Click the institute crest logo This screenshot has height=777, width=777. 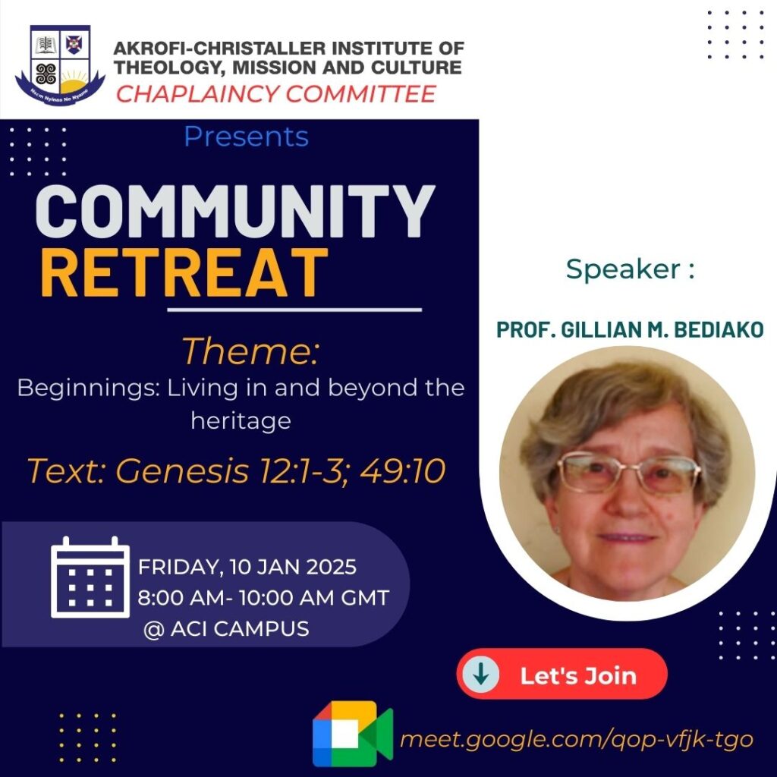tap(60, 65)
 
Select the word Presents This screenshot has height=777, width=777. tap(247, 137)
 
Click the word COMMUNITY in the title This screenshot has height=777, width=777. tap(235, 212)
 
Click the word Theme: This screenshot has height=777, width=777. tap(250, 351)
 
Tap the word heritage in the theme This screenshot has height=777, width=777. tap(241, 422)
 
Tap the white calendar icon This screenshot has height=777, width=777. tap(90, 577)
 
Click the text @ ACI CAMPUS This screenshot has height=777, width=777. tap(226, 629)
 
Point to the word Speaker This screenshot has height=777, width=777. tap(624, 269)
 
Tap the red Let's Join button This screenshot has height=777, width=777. tap(562, 674)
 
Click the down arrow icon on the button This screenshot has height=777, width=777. tap(480, 674)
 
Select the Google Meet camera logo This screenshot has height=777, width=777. tap(353, 734)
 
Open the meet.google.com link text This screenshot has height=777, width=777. tap(577, 740)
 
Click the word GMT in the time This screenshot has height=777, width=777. tap(365, 598)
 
